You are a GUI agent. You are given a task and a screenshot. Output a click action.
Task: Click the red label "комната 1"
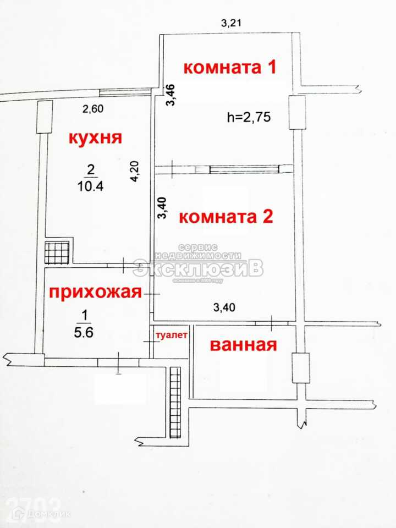tap(229, 68)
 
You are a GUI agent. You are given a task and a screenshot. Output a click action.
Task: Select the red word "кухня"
tap(94, 137)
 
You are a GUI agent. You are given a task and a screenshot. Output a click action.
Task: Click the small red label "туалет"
tap(172, 334)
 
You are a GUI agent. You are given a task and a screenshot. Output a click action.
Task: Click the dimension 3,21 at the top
tap(232, 23)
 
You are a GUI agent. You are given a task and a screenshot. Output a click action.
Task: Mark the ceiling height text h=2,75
tap(249, 117)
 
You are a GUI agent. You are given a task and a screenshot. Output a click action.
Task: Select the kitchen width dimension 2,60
tap(93, 109)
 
